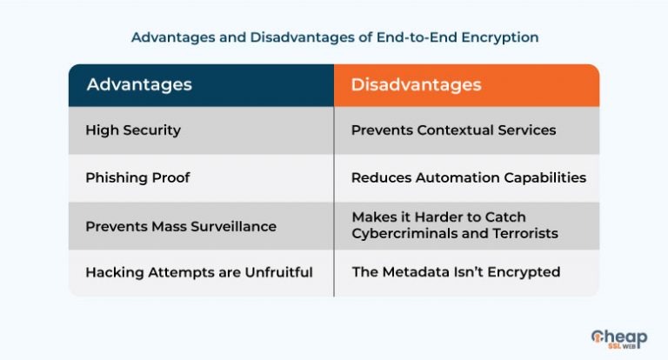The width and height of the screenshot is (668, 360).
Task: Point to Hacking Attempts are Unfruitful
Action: pyautogui.click(x=199, y=272)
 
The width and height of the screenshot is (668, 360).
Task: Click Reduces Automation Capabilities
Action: pyautogui.click(x=469, y=177)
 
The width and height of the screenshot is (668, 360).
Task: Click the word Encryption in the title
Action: pyautogui.click(x=500, y=37)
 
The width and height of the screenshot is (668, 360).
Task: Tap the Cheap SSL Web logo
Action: pyautogui.click(x=619, y=339)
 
